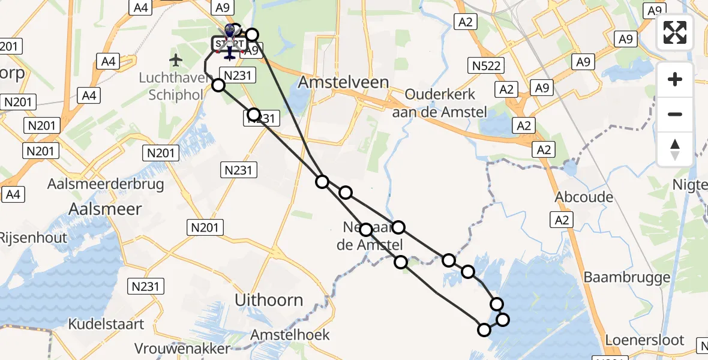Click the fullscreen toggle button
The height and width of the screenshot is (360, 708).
(675, 32)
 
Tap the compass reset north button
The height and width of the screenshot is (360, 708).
(675, 149)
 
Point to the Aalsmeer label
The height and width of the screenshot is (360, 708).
(106, 209)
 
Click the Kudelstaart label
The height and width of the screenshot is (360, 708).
(106, 324)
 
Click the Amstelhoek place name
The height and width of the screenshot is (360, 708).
(291, 334)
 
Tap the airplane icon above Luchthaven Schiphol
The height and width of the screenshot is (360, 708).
(175, 60)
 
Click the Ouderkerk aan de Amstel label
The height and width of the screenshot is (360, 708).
(440, 103)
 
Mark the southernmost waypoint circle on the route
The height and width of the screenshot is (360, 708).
(484, 329)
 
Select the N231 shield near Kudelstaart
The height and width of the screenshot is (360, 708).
(147, 286)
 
